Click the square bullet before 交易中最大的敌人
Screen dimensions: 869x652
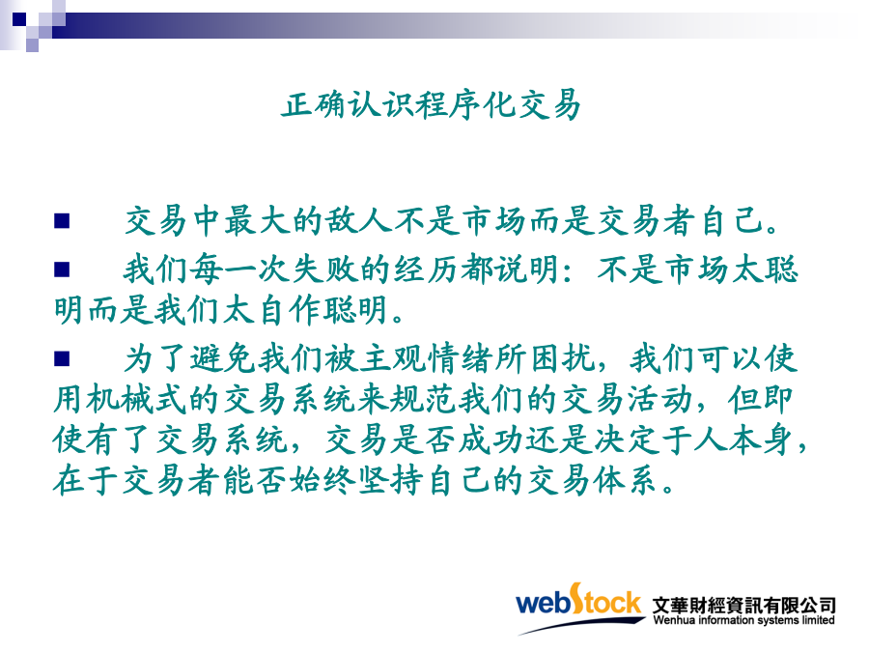(x=62, y=220)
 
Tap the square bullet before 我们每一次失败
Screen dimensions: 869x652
(x=62, y=269)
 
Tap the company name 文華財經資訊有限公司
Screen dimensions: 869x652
(x=743, y=605)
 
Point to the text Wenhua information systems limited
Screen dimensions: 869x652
(x=743, y=620)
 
